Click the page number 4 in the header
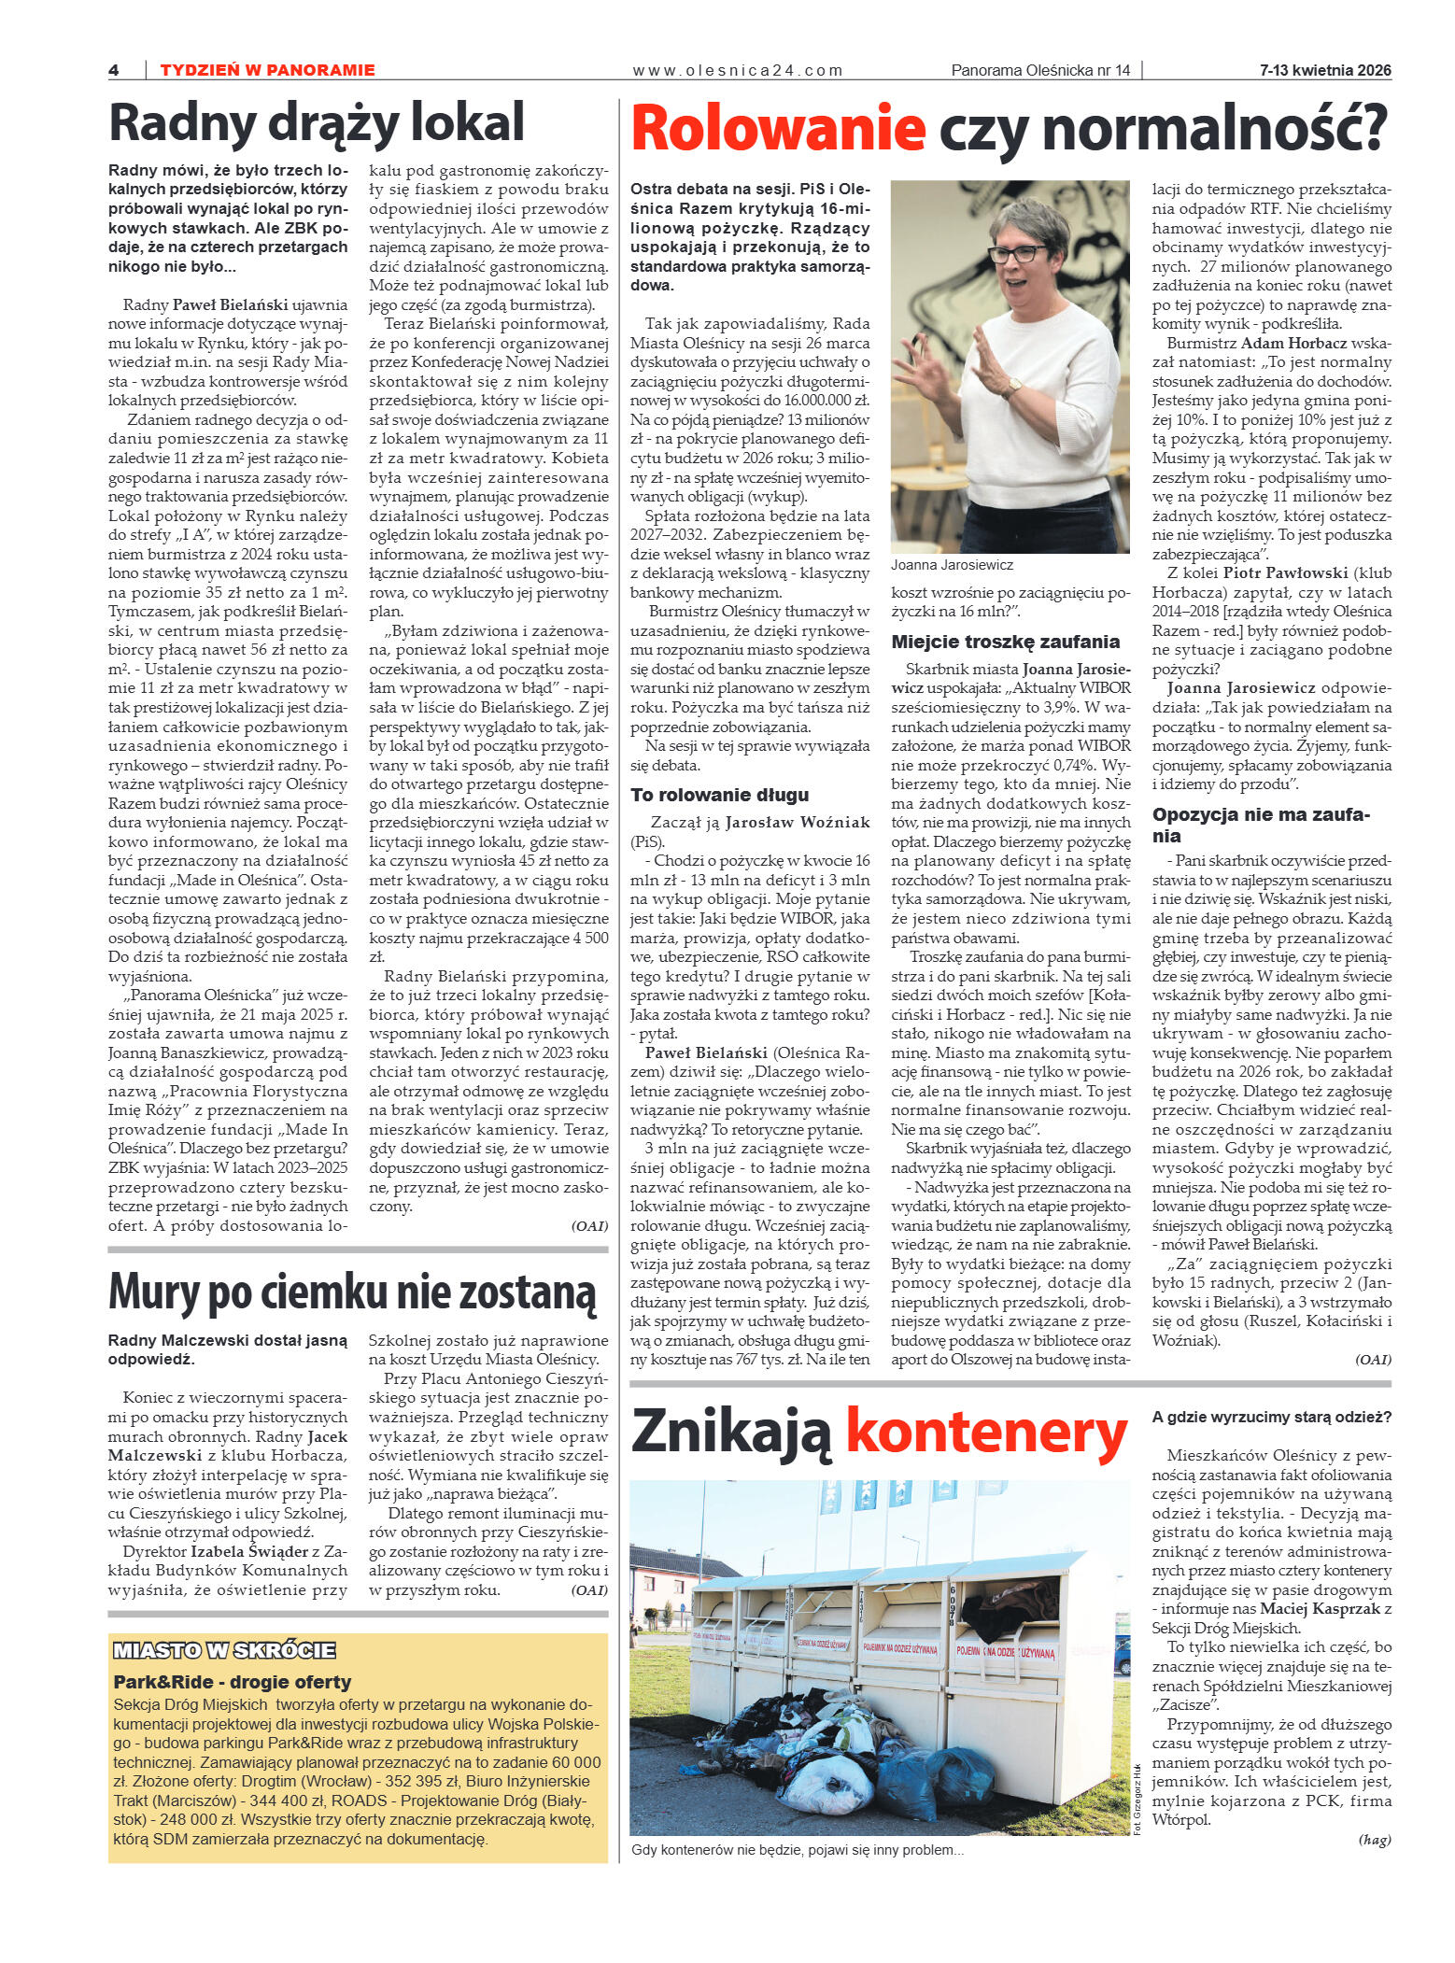click(x=114, y=70)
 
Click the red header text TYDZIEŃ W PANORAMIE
click(x=267, y=70)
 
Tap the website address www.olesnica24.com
click(x=737, y=70)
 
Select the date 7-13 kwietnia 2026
click(x=1324, y=70)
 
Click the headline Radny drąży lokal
click(x=317, y=122)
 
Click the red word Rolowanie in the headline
click(x=778, y=129)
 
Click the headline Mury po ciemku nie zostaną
click(x=352, y=1292)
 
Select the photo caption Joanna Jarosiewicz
click(x=951, y=565)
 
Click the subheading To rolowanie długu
click(x=719, y=795)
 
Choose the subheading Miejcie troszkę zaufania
click(x=1005, y=642)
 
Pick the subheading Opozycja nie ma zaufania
click(x=1260, y=825)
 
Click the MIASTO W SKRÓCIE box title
click(x=224, y=1650)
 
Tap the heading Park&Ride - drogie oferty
click(x=232, y=1682)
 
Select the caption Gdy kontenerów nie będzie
click(x=797, y=1850)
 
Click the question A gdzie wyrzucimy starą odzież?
click(x=1271, y=1417)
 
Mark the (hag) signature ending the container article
click(x=1375, y=1840)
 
